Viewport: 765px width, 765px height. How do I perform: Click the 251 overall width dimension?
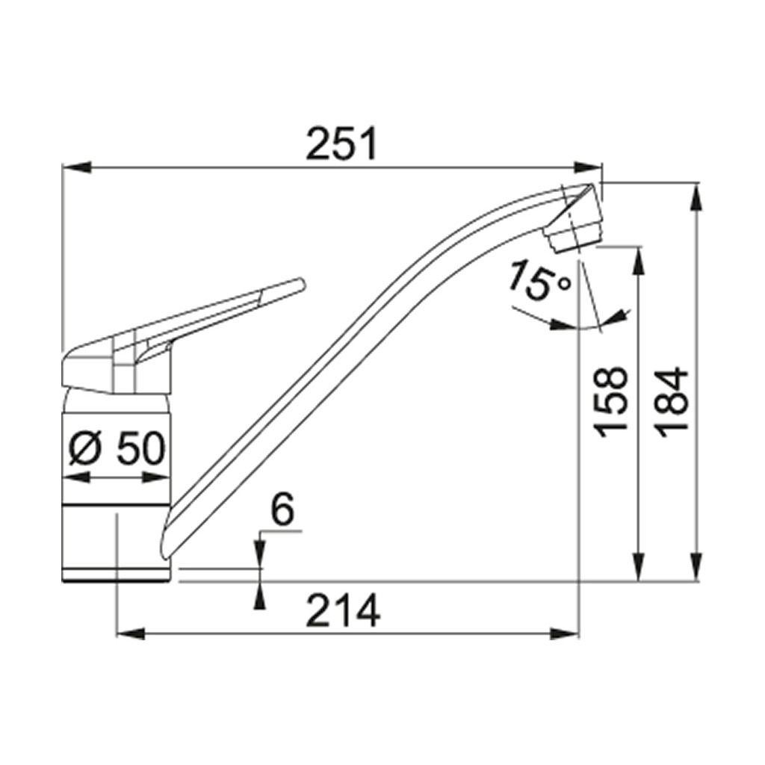click(341, 143)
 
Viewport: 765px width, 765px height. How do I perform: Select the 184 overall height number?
click(672, 402)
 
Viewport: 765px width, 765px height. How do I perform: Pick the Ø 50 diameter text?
click(117, 449)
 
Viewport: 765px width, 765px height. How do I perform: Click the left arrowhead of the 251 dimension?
click(77, 167)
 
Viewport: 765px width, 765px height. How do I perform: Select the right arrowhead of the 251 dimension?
click(589, 167)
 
